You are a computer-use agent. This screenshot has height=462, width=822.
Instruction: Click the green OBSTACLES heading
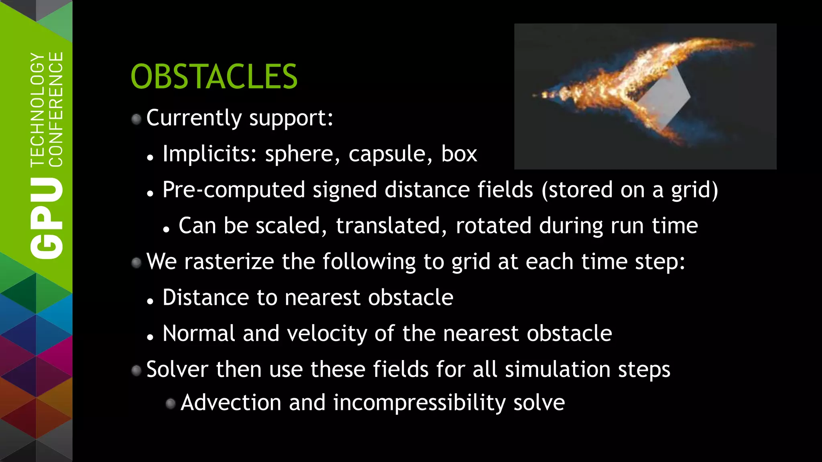tap(214, 77)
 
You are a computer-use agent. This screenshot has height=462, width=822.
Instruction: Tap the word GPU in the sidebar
tap(47, 218)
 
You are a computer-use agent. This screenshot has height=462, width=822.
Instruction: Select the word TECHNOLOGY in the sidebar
tap(38, 109)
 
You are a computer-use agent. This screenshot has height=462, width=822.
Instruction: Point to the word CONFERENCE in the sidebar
tap(55, 109)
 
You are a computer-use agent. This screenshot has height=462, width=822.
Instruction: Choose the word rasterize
tap(229, 261)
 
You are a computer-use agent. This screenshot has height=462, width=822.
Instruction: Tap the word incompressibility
tap(419, 403)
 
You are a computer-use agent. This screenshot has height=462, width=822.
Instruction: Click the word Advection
tap(231, 403)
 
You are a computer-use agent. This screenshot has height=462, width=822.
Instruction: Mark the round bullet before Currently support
tap(136, 119)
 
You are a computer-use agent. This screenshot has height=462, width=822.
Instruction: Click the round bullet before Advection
tap(171, 403)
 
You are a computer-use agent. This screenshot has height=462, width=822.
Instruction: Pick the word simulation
tap(557, 369)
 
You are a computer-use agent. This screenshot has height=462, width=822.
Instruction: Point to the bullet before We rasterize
tap(136, 263)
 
